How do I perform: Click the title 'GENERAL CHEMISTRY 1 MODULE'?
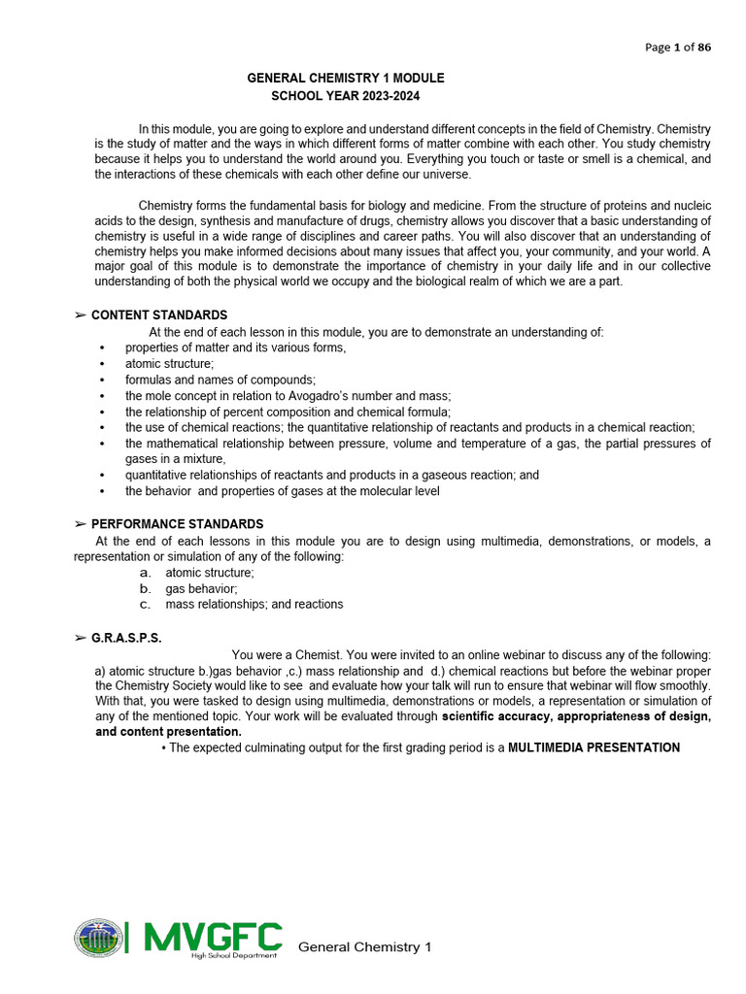click(346, 78)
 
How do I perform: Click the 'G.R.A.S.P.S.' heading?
click(126, 638)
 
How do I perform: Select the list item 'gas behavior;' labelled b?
click(201, 588)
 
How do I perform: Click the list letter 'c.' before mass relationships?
click(146, 604)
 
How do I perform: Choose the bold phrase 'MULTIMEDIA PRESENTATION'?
click(593, 747)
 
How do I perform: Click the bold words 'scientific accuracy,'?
click(493, 716)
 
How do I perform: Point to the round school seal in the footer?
click(99, 938)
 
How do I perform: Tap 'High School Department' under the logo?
click(234, 956)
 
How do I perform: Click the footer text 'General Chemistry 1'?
click(364, 946)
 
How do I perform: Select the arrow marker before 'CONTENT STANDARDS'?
click(81, 315)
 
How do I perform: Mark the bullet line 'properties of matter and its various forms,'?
click(235, 348)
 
